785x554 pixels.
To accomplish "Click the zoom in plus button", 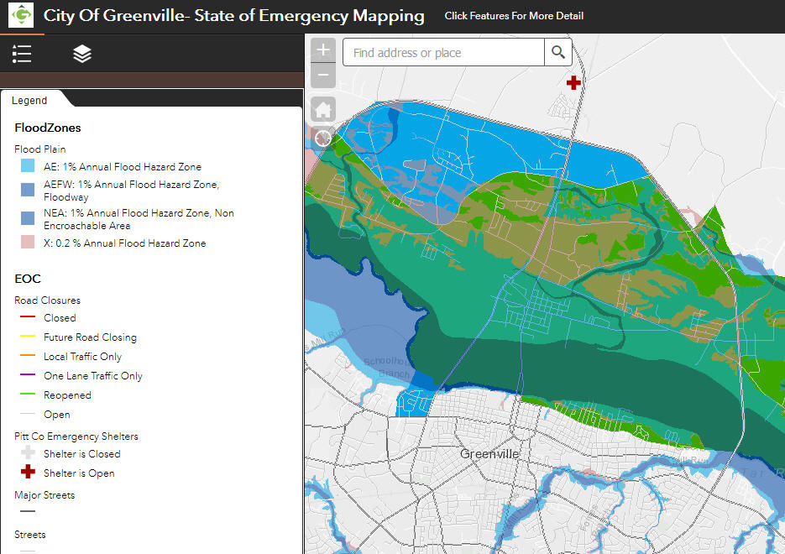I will [323, 50].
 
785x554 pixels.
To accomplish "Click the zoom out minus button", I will [323, 76].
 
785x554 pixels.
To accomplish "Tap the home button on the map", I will [323, 109].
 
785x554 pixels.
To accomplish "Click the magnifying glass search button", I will [558, 53].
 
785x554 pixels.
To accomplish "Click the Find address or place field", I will [443, 53].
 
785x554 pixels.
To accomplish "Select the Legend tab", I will [29, 101].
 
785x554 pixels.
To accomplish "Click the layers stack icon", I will [82, 55].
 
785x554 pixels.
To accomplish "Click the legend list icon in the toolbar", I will [22, 55].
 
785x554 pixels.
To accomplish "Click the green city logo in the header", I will [22, 15].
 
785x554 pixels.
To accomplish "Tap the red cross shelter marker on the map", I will [573, 82].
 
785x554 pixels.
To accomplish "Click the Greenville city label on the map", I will [489, 454].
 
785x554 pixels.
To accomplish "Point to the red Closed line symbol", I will [28, 318].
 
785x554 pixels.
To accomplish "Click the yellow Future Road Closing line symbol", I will [28, 337].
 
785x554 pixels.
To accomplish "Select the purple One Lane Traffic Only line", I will [28, 376].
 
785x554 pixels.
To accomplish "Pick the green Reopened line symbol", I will [28, 395].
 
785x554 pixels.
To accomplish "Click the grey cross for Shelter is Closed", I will [28, 453].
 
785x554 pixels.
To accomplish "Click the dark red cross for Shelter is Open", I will [28, 473].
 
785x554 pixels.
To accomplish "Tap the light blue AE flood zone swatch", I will [28, 166].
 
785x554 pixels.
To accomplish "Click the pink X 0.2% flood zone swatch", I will [28, 243].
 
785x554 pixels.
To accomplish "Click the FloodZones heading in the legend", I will [48, 128].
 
